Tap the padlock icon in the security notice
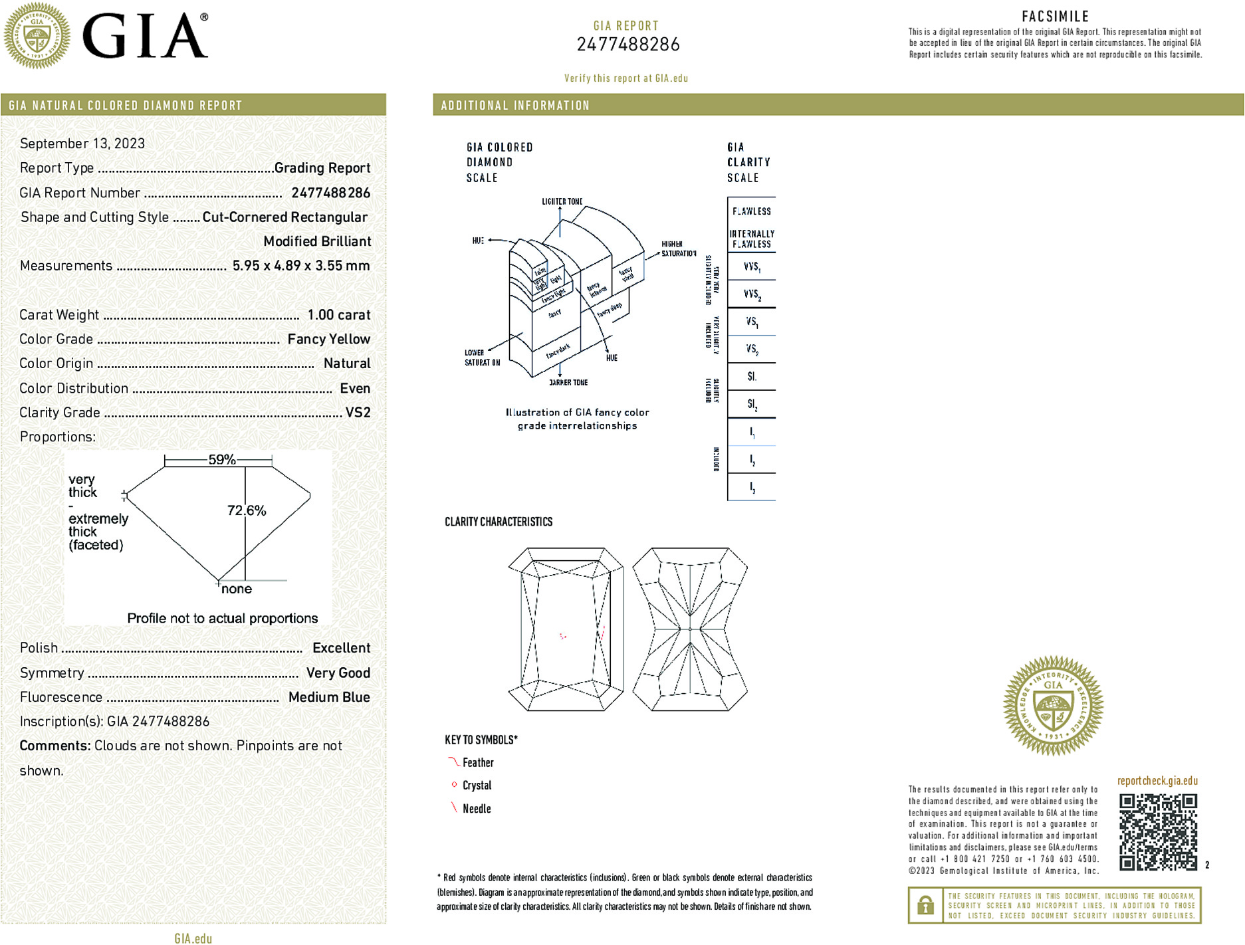pyautogui.click(x=925, y=905)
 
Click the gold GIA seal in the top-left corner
pyautogui.click(x=37, y=35)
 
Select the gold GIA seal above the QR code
pyautogui.click(x=1053, y=705)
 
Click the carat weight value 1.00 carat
pyautogui.click(x=338, y=315)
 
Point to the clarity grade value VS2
pyautogui.click(x=358, y=413)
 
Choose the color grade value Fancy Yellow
pyautogui.click(x=328, y=340)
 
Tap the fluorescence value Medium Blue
pyautogui.click(x=329, y=697)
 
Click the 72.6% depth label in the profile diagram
pyautogui.click(x=247, y=510)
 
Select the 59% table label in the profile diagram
pyautogui.click(x=222, y=459)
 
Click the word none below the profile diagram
pyautogui.click(x=237, y=589)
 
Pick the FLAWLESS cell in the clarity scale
pyautogui.click(x=752, y=211)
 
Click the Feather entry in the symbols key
pyautogui.click(x=477, y=763)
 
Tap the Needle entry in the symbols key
pyautogui.click(x=476, y=809)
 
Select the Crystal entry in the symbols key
pyautogui.click(x=477, y=786)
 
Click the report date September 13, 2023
pyautogui.click(x=82, y=144)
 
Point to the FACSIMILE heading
pyautogui.click(x=1055, y=17)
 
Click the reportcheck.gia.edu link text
pyautogui.click(x=1157, y=781)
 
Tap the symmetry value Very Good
pyautogui.click(x=338, y=673)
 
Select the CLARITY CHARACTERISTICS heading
pyautogui.click(x=499, y=522)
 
